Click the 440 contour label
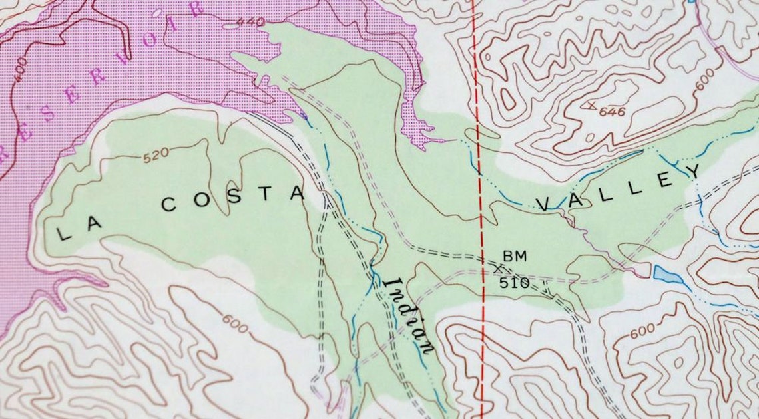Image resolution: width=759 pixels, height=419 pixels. coord(250,22)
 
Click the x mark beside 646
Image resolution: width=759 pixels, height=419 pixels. coord(590,104)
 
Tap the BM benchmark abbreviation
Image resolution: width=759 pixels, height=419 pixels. coord(514,255)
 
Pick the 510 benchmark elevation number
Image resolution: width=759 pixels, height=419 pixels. coord(515,283)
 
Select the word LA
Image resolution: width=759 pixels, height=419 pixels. coord(79,228)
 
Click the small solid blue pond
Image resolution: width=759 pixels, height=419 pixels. coord(668,275)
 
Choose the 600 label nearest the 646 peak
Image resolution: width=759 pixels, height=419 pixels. coord(705,74)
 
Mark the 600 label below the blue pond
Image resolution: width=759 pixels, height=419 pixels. coord(642,331)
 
